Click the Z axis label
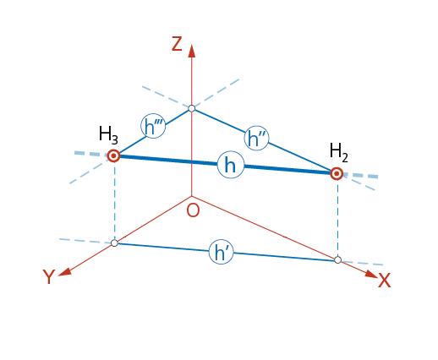(177, 44)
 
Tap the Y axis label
(49, 276)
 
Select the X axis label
(384, 281)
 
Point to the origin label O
(193, 210)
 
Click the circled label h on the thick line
(230, 166)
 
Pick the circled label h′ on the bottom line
(222, 252)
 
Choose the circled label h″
(256, 139)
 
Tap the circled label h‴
(153, 126)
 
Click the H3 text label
(108, 134)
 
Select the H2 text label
(339, 152)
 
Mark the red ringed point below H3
(113, 155)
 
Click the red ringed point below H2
(337, 174)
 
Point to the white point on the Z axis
(192, 108)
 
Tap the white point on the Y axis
(114, 243)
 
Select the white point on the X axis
(338, 259)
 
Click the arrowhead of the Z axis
(192, 51)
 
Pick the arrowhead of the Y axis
(64, 271)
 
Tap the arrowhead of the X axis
(371, 274)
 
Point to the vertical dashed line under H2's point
(337, 218)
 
